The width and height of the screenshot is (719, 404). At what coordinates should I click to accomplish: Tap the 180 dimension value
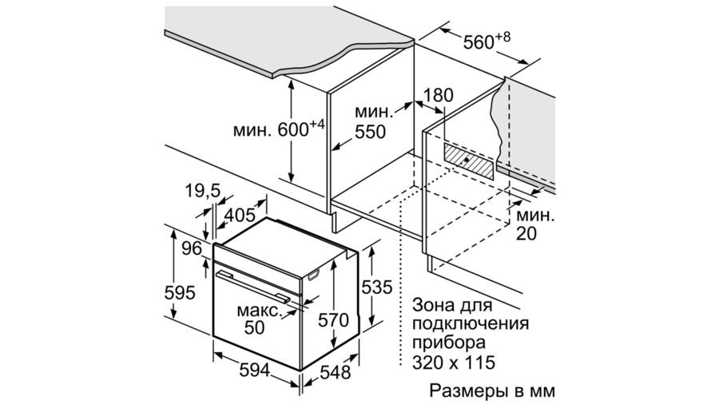pos(438,95)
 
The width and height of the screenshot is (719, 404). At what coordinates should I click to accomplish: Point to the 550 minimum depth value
pos(370,132)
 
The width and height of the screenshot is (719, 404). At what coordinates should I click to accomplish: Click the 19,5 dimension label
pos(203,190)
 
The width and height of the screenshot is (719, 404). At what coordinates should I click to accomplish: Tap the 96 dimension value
pos(192,249)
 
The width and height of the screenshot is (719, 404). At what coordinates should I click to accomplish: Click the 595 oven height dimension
pos(180,292)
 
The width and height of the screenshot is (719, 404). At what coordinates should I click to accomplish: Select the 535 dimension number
pos(377,287)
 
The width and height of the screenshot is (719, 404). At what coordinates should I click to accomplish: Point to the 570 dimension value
pos(333,320)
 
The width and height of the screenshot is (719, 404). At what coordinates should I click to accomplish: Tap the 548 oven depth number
pos(336,372)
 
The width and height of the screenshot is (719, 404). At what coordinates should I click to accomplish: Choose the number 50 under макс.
pos(255,327)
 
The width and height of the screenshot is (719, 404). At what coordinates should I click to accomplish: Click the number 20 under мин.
pos(526,234)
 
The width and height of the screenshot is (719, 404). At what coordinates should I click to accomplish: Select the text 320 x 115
pos(454,362)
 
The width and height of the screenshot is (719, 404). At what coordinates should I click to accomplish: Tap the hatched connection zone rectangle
pos(469,160)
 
